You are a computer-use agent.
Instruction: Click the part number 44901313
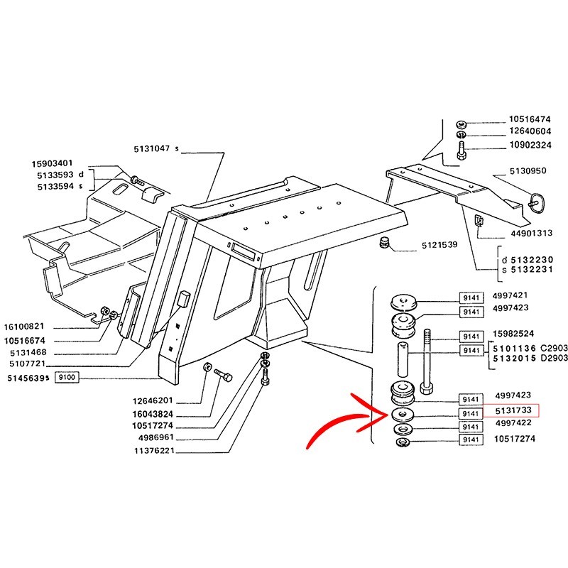coord(532,233)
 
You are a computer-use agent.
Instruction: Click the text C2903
coord(555,349)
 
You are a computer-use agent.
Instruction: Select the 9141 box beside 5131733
coord(470,411)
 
